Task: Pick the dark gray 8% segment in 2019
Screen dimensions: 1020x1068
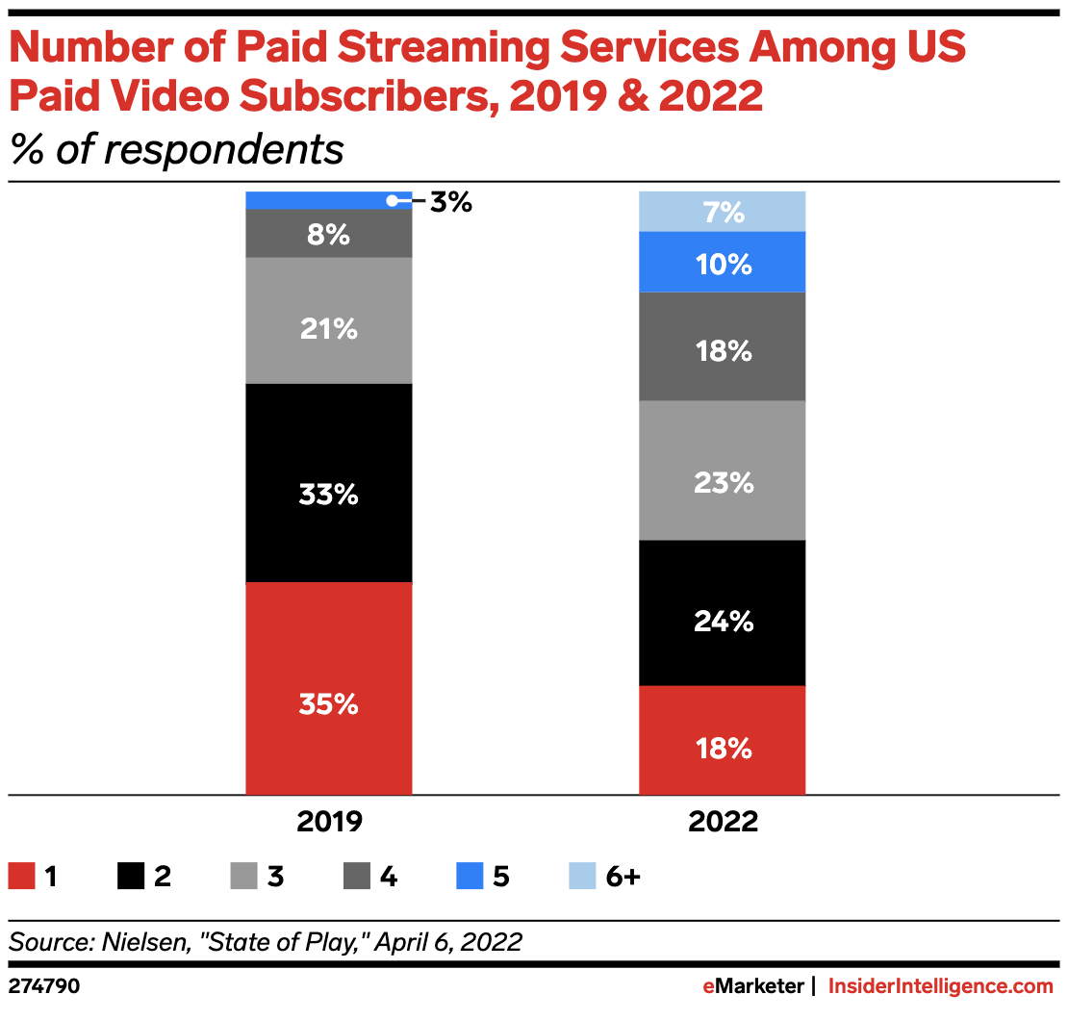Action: pyautogui.click(x=328, y=234)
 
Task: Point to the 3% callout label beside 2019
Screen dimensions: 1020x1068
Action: pyautogui.click(x=450, y=202)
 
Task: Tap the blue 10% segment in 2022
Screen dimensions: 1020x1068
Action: pyautogui.click(x=723, y=262)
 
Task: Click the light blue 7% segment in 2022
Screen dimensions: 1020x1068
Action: pyautogui.click(x=723, y=212)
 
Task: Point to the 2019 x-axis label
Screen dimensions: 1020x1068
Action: pyautogui.click(x=329, y=823)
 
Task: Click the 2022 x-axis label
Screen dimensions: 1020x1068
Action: pyautogui.click(x=724, y=823)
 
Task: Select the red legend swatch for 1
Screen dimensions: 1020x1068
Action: pyautogui.click(x=21, y=877)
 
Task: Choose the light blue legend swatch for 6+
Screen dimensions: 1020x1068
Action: pyautogui.click(x=583, y=877)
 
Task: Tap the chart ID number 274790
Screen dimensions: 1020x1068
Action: pyautogui.click(x=44, y=986)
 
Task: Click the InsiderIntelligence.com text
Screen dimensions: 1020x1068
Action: pyautogui.click(x=941, y=986)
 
